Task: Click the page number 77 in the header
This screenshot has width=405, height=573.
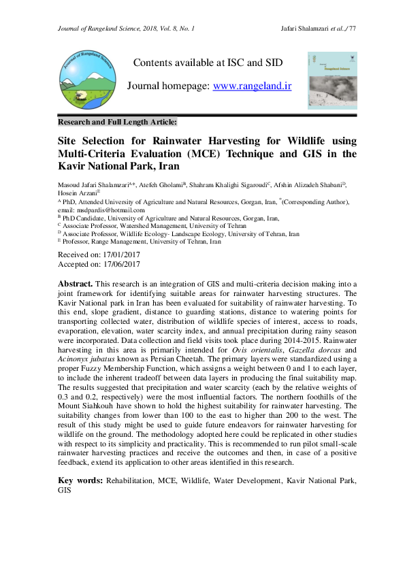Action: (x=352, y=28)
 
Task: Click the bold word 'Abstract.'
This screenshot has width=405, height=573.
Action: (x=75, y=282)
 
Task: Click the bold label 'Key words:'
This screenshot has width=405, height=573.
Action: (x=80, y=480)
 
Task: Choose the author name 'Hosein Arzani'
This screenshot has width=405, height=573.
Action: (x=78, y=193)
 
